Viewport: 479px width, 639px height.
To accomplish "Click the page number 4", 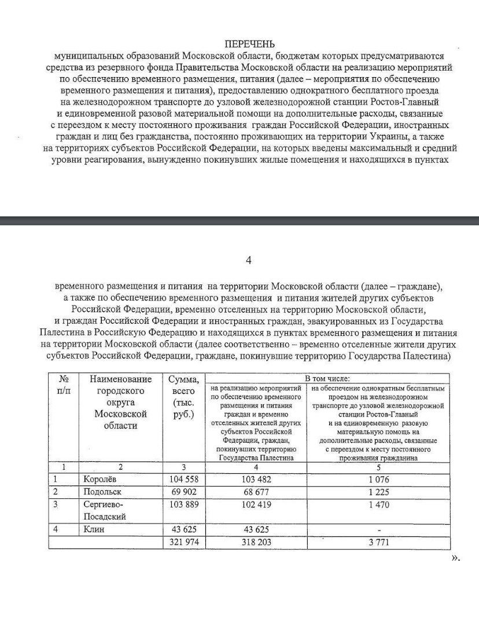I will click(x=249, y=261).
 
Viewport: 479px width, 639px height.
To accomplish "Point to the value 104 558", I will click(x=183, y=480).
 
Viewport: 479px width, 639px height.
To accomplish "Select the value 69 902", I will click(x=184, y=492).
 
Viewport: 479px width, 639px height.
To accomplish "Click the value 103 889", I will click(x=183, y=505).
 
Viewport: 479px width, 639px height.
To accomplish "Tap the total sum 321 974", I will click(x=183, y=542).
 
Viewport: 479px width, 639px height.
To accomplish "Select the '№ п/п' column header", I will click(x=64, y=385).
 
